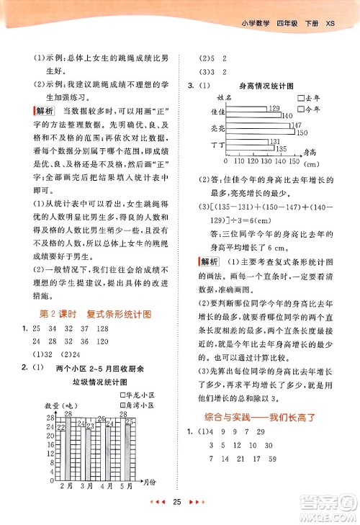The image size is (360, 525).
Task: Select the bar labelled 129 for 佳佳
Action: pyautogui.click(x=246, y=108)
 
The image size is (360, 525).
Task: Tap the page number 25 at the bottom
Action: pyautogui.click(x=180, y=502)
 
